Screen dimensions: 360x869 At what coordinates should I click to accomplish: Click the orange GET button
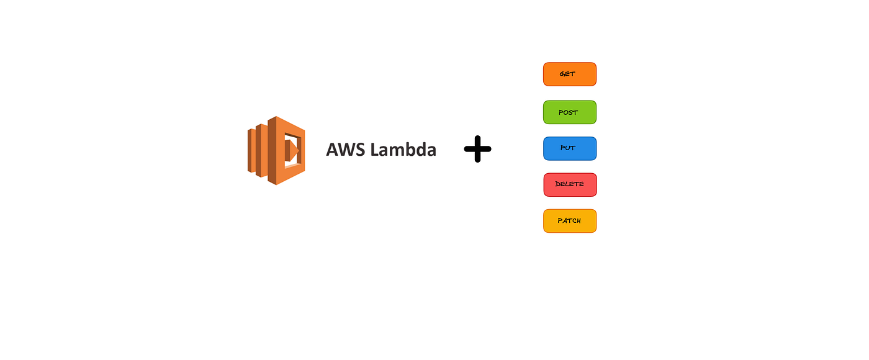[x=569, y=74]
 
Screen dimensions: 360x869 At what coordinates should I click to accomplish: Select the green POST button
[x=569, y=112]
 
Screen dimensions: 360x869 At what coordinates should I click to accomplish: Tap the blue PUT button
[x=569, y=148]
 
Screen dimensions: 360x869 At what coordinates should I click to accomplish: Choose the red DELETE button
[x=569, y=184]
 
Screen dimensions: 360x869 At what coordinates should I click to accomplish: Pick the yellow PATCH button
[x=569, y=221]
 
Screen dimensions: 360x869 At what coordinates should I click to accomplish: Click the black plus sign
[x=477, y=150]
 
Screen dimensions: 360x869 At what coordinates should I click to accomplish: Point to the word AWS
[x=345, y=150]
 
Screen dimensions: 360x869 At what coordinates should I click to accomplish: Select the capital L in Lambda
[x=374, y=150]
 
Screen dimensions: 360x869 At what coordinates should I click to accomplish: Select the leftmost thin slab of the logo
[x=250, y=150]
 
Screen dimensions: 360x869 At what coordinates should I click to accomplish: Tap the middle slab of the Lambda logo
[x=261, y=150]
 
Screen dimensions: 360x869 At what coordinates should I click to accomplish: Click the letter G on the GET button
[x=562, y=74]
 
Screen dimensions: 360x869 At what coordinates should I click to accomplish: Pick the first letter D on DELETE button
[x=558, y=184]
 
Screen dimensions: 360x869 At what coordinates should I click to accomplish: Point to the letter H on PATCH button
[x=579, y=221]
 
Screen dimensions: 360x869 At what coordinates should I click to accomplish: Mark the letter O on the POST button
[x=565, y=112]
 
